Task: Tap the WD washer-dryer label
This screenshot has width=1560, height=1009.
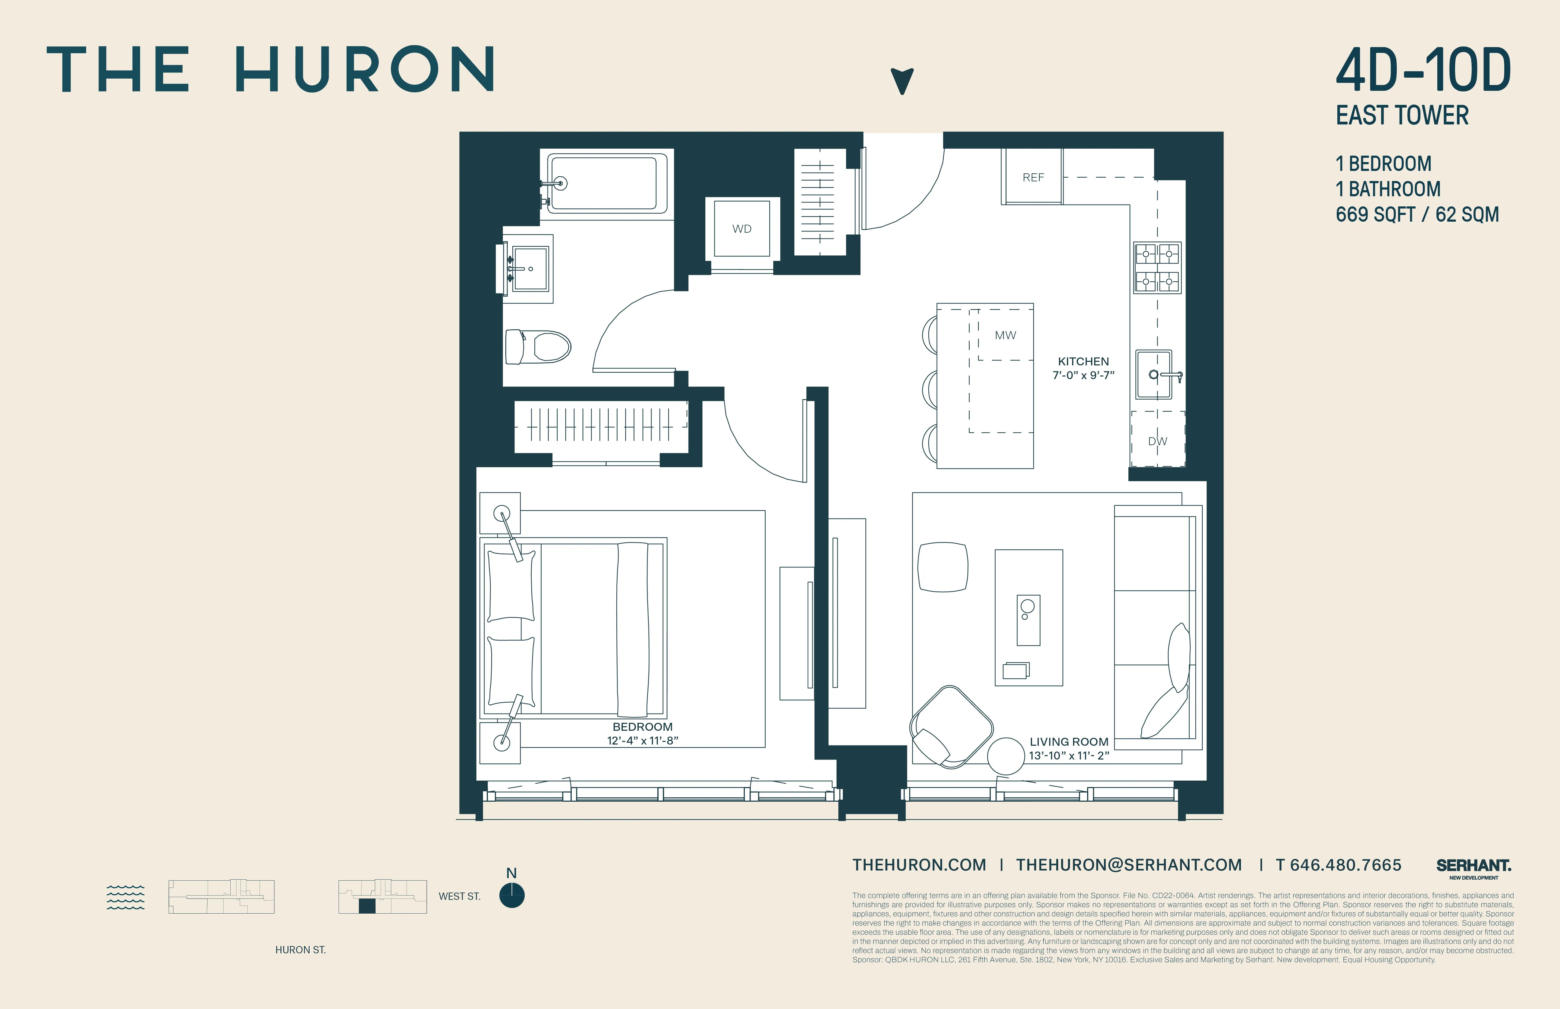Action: click(741, 229)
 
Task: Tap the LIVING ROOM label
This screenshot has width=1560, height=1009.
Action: click(1068, 742)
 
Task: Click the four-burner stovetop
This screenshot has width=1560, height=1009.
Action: click(1157, 267)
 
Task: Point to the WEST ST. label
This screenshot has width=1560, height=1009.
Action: click(459, 896)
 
